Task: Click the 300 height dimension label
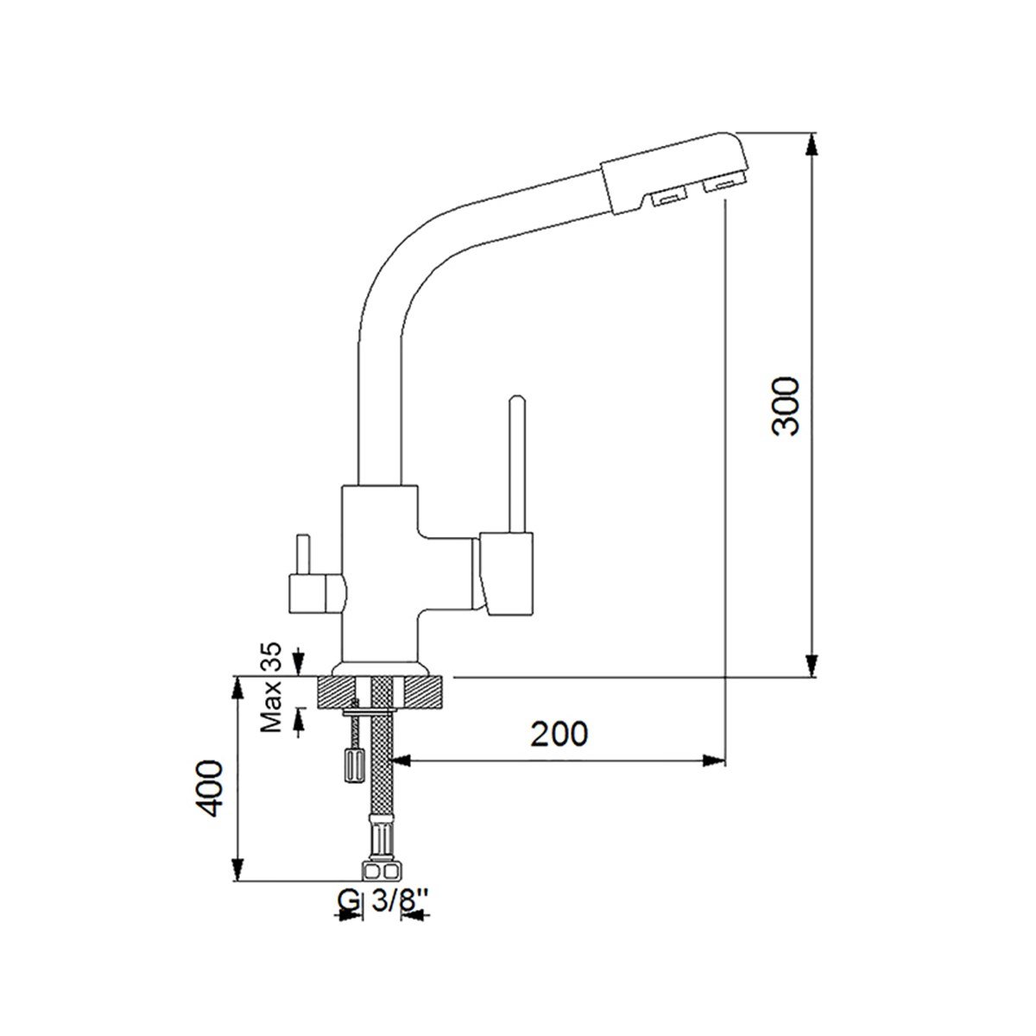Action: click(x=786, y=406)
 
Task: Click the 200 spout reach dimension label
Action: click(x=559, y=735)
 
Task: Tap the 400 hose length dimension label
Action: click(x=208, y=789)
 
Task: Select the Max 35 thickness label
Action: click(x=271, y=688)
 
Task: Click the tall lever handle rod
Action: click(x=516, y=464)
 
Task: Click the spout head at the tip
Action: click(x=675, y=172)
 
